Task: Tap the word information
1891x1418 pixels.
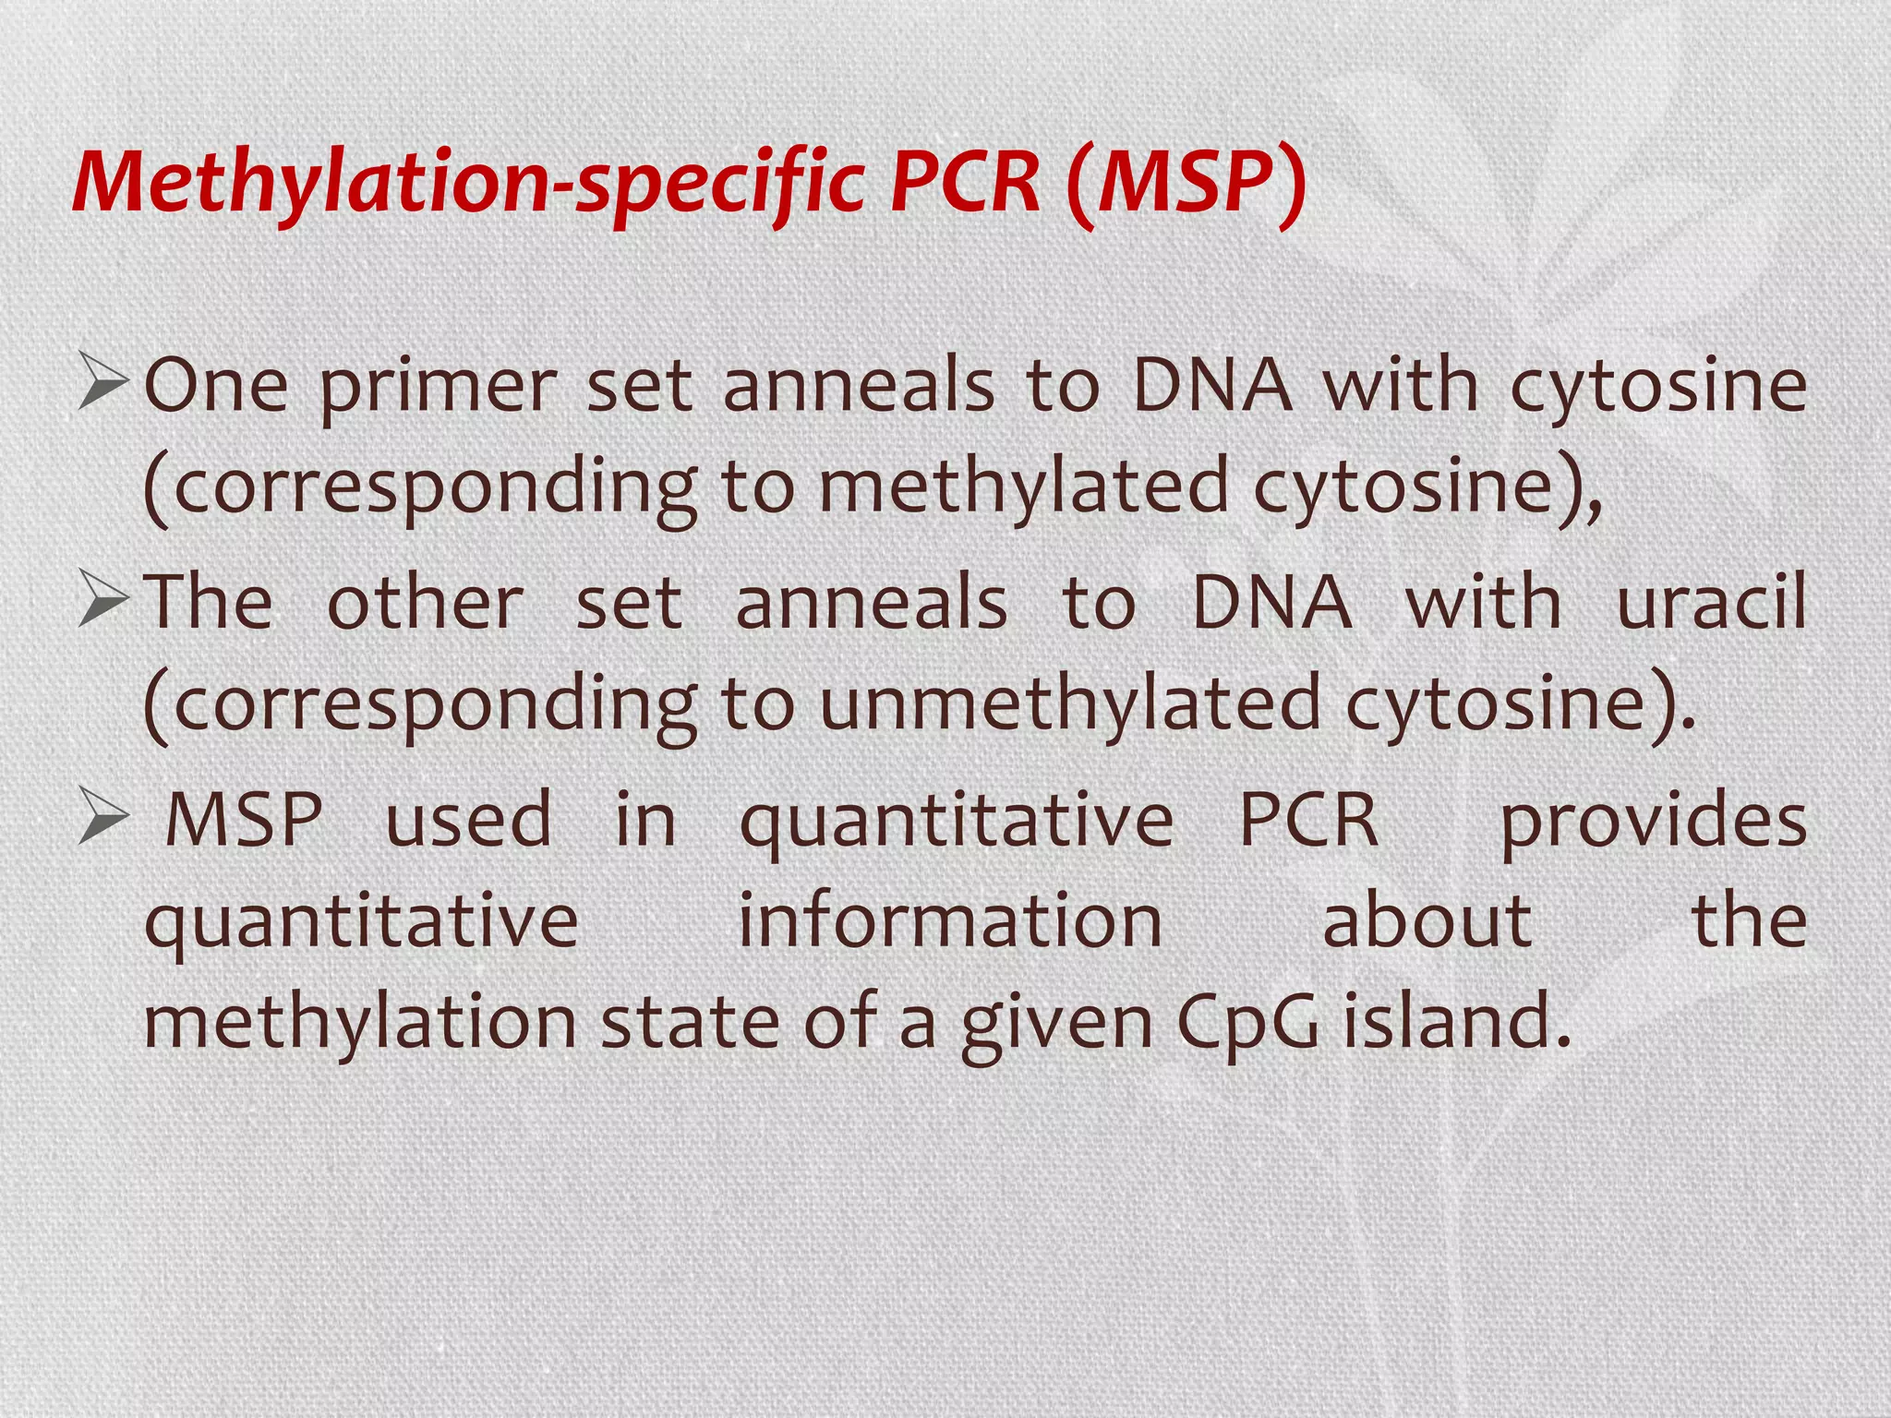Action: pos(950,920)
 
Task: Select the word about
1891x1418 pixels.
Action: pos(1427,920)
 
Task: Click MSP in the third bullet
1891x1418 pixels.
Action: pos(243,819)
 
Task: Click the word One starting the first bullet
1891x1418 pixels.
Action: pos(216,385)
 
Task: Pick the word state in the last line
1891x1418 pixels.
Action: pos(689,1022)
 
